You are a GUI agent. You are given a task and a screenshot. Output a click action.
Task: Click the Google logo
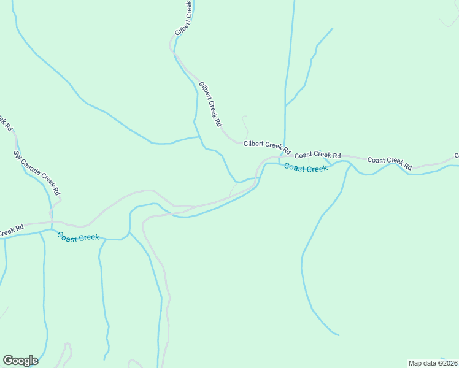[20, 360]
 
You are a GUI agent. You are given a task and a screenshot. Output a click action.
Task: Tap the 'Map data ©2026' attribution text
[433, 363]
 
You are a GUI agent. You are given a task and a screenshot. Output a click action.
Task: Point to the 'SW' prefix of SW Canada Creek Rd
[17, 155]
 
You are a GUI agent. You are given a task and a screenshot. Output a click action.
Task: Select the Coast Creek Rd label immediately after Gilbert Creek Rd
[317, 155]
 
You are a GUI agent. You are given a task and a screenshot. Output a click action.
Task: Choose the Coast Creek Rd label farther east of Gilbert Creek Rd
[390, 163]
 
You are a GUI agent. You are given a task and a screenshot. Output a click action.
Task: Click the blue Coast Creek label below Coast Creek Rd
[306, 168]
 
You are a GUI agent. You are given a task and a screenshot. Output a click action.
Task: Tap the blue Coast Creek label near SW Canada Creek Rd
[78, 237]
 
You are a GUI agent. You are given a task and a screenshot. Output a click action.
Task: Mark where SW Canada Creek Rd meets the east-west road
[52, 223]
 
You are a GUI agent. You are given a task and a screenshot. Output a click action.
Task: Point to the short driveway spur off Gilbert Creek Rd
[245, 126]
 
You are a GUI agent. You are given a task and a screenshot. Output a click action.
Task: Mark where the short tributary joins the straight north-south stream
[285, 106]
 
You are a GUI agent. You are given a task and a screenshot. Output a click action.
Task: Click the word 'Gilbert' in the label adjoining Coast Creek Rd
[253, 144]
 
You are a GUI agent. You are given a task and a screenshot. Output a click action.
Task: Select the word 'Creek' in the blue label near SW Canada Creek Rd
[88, 238]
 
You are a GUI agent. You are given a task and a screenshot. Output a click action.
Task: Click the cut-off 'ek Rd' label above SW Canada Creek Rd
[5, 121]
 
